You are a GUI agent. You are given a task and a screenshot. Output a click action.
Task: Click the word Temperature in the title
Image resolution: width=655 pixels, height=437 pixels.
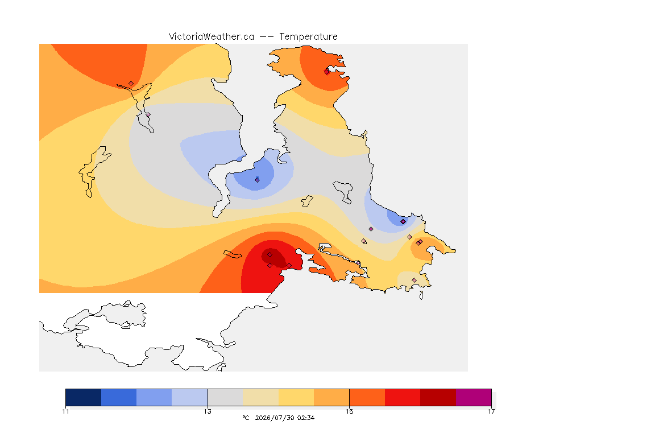308,37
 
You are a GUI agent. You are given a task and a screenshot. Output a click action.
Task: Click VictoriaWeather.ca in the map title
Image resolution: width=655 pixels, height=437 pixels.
212,37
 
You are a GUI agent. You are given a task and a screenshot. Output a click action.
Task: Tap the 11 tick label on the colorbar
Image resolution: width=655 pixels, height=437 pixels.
65,411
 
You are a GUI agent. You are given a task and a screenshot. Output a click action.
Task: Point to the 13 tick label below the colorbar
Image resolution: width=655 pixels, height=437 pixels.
208,411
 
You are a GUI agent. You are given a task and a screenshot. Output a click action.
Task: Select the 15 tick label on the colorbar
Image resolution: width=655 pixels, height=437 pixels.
349,411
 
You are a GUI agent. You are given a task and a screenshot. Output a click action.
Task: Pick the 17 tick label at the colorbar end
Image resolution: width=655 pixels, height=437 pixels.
491,411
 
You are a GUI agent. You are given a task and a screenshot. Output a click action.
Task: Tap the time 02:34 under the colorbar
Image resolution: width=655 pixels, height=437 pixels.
306,418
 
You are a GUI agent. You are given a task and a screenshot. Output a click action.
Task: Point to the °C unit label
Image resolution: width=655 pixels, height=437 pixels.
246,418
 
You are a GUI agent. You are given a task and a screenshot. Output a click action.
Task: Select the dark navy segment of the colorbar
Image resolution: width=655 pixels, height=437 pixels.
84,397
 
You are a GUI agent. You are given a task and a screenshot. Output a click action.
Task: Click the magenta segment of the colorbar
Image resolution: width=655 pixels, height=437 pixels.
473,397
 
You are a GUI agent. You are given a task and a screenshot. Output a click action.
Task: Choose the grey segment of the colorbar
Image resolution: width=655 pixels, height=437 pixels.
225,397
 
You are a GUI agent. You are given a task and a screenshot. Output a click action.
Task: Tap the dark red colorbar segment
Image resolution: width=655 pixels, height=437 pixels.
438,397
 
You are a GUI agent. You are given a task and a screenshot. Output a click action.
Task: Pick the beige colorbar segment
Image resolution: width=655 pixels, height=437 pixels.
260,397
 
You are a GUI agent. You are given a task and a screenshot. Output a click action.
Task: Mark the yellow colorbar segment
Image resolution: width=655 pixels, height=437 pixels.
296,397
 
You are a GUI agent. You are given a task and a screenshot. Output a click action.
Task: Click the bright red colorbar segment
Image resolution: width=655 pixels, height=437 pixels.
403,397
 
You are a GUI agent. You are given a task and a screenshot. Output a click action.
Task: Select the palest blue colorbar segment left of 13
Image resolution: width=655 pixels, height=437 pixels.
190,397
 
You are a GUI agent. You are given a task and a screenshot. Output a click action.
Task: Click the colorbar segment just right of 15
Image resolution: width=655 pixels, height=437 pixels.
367,397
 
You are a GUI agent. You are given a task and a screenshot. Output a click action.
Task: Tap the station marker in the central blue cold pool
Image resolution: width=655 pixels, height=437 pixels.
258,180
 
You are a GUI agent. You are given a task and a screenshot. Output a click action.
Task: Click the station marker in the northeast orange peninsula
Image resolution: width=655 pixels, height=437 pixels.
327,72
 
